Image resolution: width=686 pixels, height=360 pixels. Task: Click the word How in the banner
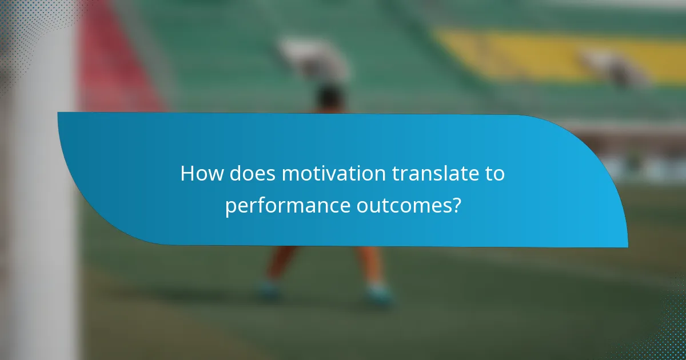point(202,174)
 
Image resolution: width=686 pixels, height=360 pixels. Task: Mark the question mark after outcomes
point(456,205)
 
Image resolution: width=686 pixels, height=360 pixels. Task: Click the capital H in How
point(186,174)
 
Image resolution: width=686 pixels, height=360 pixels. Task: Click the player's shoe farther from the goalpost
point(378,294)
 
